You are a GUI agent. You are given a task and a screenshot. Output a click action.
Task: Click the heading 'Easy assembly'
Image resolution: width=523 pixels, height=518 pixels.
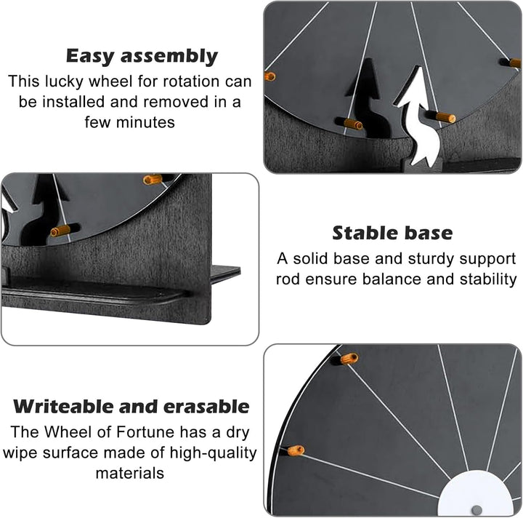(x=142, y=56)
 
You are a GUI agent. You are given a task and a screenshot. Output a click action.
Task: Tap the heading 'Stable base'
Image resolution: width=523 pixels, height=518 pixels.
(x=392, y=233)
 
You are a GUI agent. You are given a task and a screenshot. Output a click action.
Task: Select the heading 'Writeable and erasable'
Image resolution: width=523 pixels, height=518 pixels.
(x=131, y=407)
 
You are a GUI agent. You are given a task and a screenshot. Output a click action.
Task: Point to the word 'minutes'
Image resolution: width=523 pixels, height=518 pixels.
(x=145, y=122)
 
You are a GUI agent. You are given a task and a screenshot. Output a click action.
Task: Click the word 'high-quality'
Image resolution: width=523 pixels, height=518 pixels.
(x=213, y=453)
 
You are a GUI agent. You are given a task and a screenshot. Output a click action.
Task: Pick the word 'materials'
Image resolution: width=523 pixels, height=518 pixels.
(x=130, y=473)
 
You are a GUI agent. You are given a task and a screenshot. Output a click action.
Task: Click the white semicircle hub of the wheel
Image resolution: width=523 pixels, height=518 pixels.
(x=476, y=493)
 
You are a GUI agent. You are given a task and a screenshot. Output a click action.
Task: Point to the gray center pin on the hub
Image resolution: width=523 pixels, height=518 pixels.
(x=477, y=510)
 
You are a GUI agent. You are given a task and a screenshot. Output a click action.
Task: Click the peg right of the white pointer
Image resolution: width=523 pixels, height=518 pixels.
(x=445, y=117)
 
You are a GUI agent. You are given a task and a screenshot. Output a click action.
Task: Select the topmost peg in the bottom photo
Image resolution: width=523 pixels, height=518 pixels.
(x=349, y=359)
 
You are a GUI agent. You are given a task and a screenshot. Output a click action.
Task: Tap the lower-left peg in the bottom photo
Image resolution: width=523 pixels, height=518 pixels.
(x=296, y=450)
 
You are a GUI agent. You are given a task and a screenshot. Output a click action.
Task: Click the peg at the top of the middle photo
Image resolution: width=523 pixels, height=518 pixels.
(x=153, y=180)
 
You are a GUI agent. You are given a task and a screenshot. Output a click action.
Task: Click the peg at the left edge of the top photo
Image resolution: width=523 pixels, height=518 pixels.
(x=270, y=76)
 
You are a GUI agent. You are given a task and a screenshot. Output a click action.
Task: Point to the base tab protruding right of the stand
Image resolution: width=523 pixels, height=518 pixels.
(x=226, y=273)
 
